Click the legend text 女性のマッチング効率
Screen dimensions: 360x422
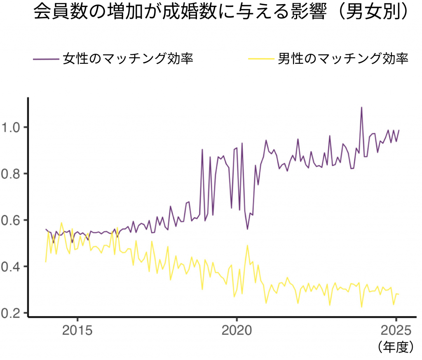pos(128,59)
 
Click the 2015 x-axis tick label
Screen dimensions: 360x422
pos(77,331)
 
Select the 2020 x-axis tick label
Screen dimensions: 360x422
pos(236,331)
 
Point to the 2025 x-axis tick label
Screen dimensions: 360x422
pos(395,331)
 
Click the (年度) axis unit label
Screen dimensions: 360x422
pos(395,347)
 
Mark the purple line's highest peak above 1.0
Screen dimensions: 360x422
pos(361,108)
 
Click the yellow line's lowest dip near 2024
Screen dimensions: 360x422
pos(361,307)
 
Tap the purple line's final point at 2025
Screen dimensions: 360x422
pos(399,130)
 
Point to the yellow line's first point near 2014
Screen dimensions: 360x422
pos(46,262)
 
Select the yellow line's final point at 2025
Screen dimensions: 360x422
pos(399,294)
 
